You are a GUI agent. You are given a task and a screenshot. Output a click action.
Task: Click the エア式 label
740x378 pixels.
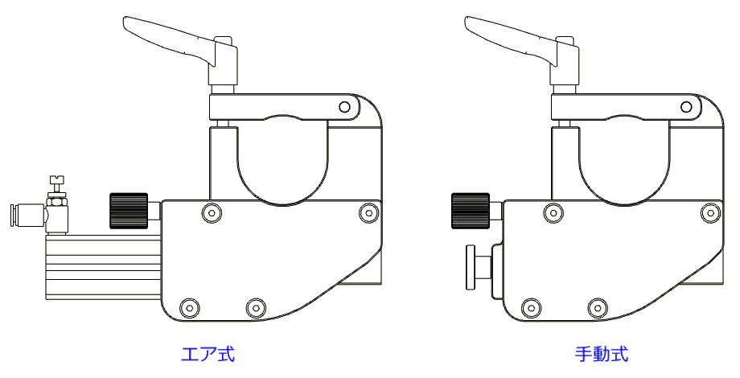(x=208, y=354)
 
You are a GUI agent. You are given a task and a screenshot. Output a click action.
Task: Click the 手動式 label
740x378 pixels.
(x=601, y=354)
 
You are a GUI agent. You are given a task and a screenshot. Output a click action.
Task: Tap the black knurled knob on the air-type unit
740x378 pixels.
(x=129, y=211)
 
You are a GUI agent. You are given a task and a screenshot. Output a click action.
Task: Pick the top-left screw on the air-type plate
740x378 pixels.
(x=211, y=212)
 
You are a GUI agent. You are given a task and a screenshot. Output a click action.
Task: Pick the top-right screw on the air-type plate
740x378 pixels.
(x=368, y=212)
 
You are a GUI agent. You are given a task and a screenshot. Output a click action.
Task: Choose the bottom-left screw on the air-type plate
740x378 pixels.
(x=189, y=307)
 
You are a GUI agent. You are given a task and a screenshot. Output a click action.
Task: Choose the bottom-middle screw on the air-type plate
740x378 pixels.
(x=255, y=307)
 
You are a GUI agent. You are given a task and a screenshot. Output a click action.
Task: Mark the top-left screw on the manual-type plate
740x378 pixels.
(x=553, y=212)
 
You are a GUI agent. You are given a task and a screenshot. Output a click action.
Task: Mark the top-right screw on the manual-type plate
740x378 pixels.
(x=709, y=212)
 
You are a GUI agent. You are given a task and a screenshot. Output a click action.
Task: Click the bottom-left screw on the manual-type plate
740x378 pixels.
(x=530, y=307)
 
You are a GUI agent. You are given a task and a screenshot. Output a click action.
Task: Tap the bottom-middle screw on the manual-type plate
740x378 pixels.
(x=596, y=307)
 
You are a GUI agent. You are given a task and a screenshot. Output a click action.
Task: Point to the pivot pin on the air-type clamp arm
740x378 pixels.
(x=344, y=106)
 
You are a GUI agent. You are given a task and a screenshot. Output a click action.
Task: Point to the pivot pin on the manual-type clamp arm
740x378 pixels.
(x=686, y=106)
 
